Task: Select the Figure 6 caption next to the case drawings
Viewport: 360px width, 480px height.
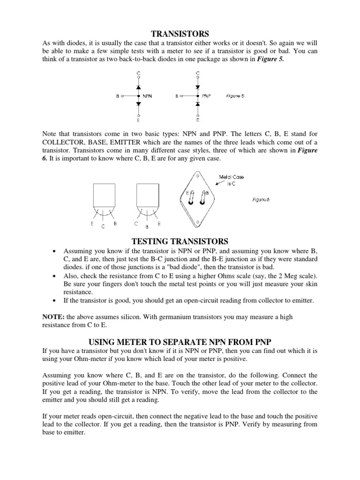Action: (262, 199)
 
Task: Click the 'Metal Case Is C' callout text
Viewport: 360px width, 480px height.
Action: (232, 180)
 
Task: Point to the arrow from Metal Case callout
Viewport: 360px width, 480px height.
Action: (213, 186)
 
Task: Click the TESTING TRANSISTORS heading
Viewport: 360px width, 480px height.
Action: (180, 241)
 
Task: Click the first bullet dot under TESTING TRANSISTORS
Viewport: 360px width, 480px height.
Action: (55, 252)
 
